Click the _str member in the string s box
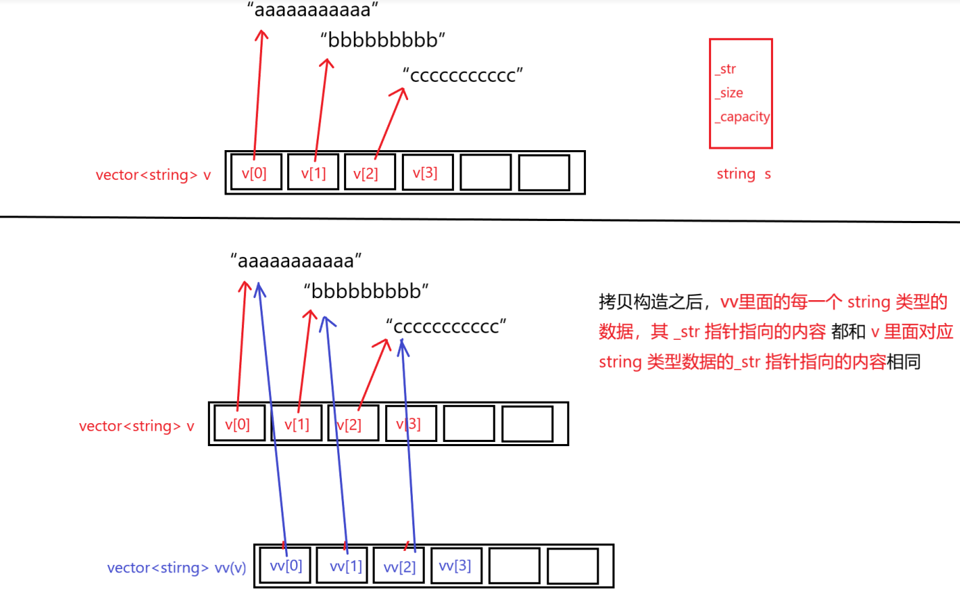point(725,69)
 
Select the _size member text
point(729,93)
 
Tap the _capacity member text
point(742,117)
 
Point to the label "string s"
point(743,174)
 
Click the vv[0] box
point(285,566)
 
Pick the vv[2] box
point(399,566)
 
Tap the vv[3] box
point(455,566)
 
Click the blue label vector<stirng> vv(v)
point(177,568)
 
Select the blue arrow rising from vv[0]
point(271,417)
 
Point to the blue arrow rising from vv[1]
point(335,431)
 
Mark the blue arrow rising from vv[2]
point(408,445)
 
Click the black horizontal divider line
point(480,219)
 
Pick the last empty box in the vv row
point(572,566)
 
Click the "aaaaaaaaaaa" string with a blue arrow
point(297,261)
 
